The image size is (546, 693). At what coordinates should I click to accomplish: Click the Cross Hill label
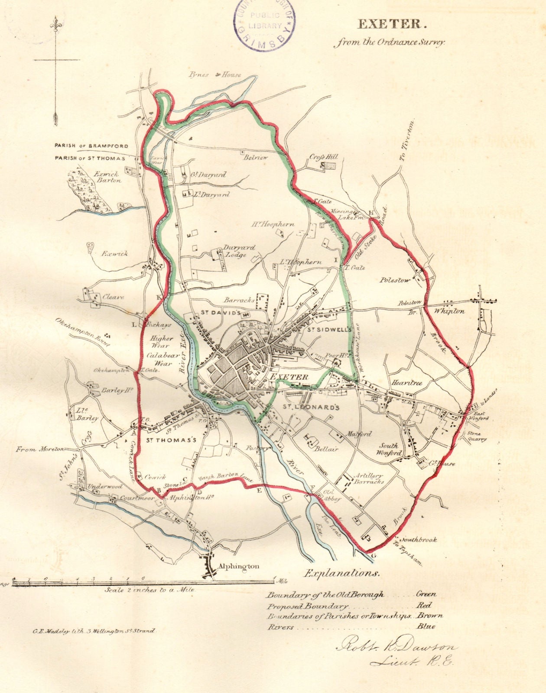coord(323,157)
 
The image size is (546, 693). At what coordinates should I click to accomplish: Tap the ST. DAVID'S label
coord(220,312)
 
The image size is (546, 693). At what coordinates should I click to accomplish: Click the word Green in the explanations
coord(426,594)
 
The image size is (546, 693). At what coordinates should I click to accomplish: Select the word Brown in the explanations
coord(429,615)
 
